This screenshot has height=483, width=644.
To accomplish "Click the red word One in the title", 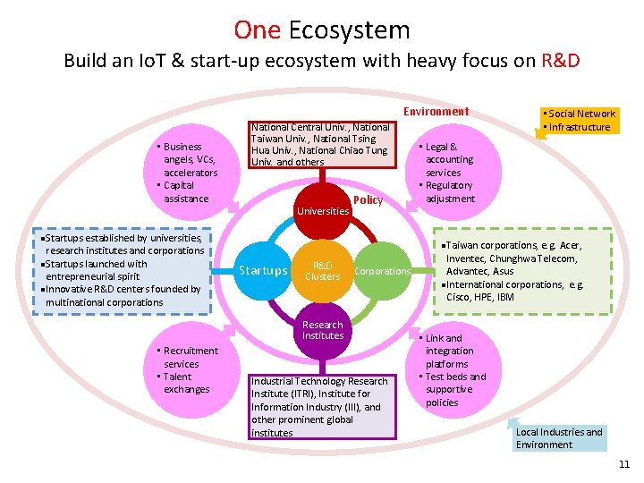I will click(x=257, y=30).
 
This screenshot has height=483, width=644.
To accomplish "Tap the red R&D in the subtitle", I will click(x=561, y=62).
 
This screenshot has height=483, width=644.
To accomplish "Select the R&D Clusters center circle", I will click(x=323, y=271).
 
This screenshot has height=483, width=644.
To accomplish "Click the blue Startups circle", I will click(x=264, y=271).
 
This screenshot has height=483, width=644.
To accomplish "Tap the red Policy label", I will click(x=368, y=200).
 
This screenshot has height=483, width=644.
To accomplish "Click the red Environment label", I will click(x=436, y=112).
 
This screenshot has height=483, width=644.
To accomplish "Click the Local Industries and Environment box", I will click(x=559, y=438).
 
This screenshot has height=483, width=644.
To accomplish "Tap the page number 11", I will click(x=624, y=464).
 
